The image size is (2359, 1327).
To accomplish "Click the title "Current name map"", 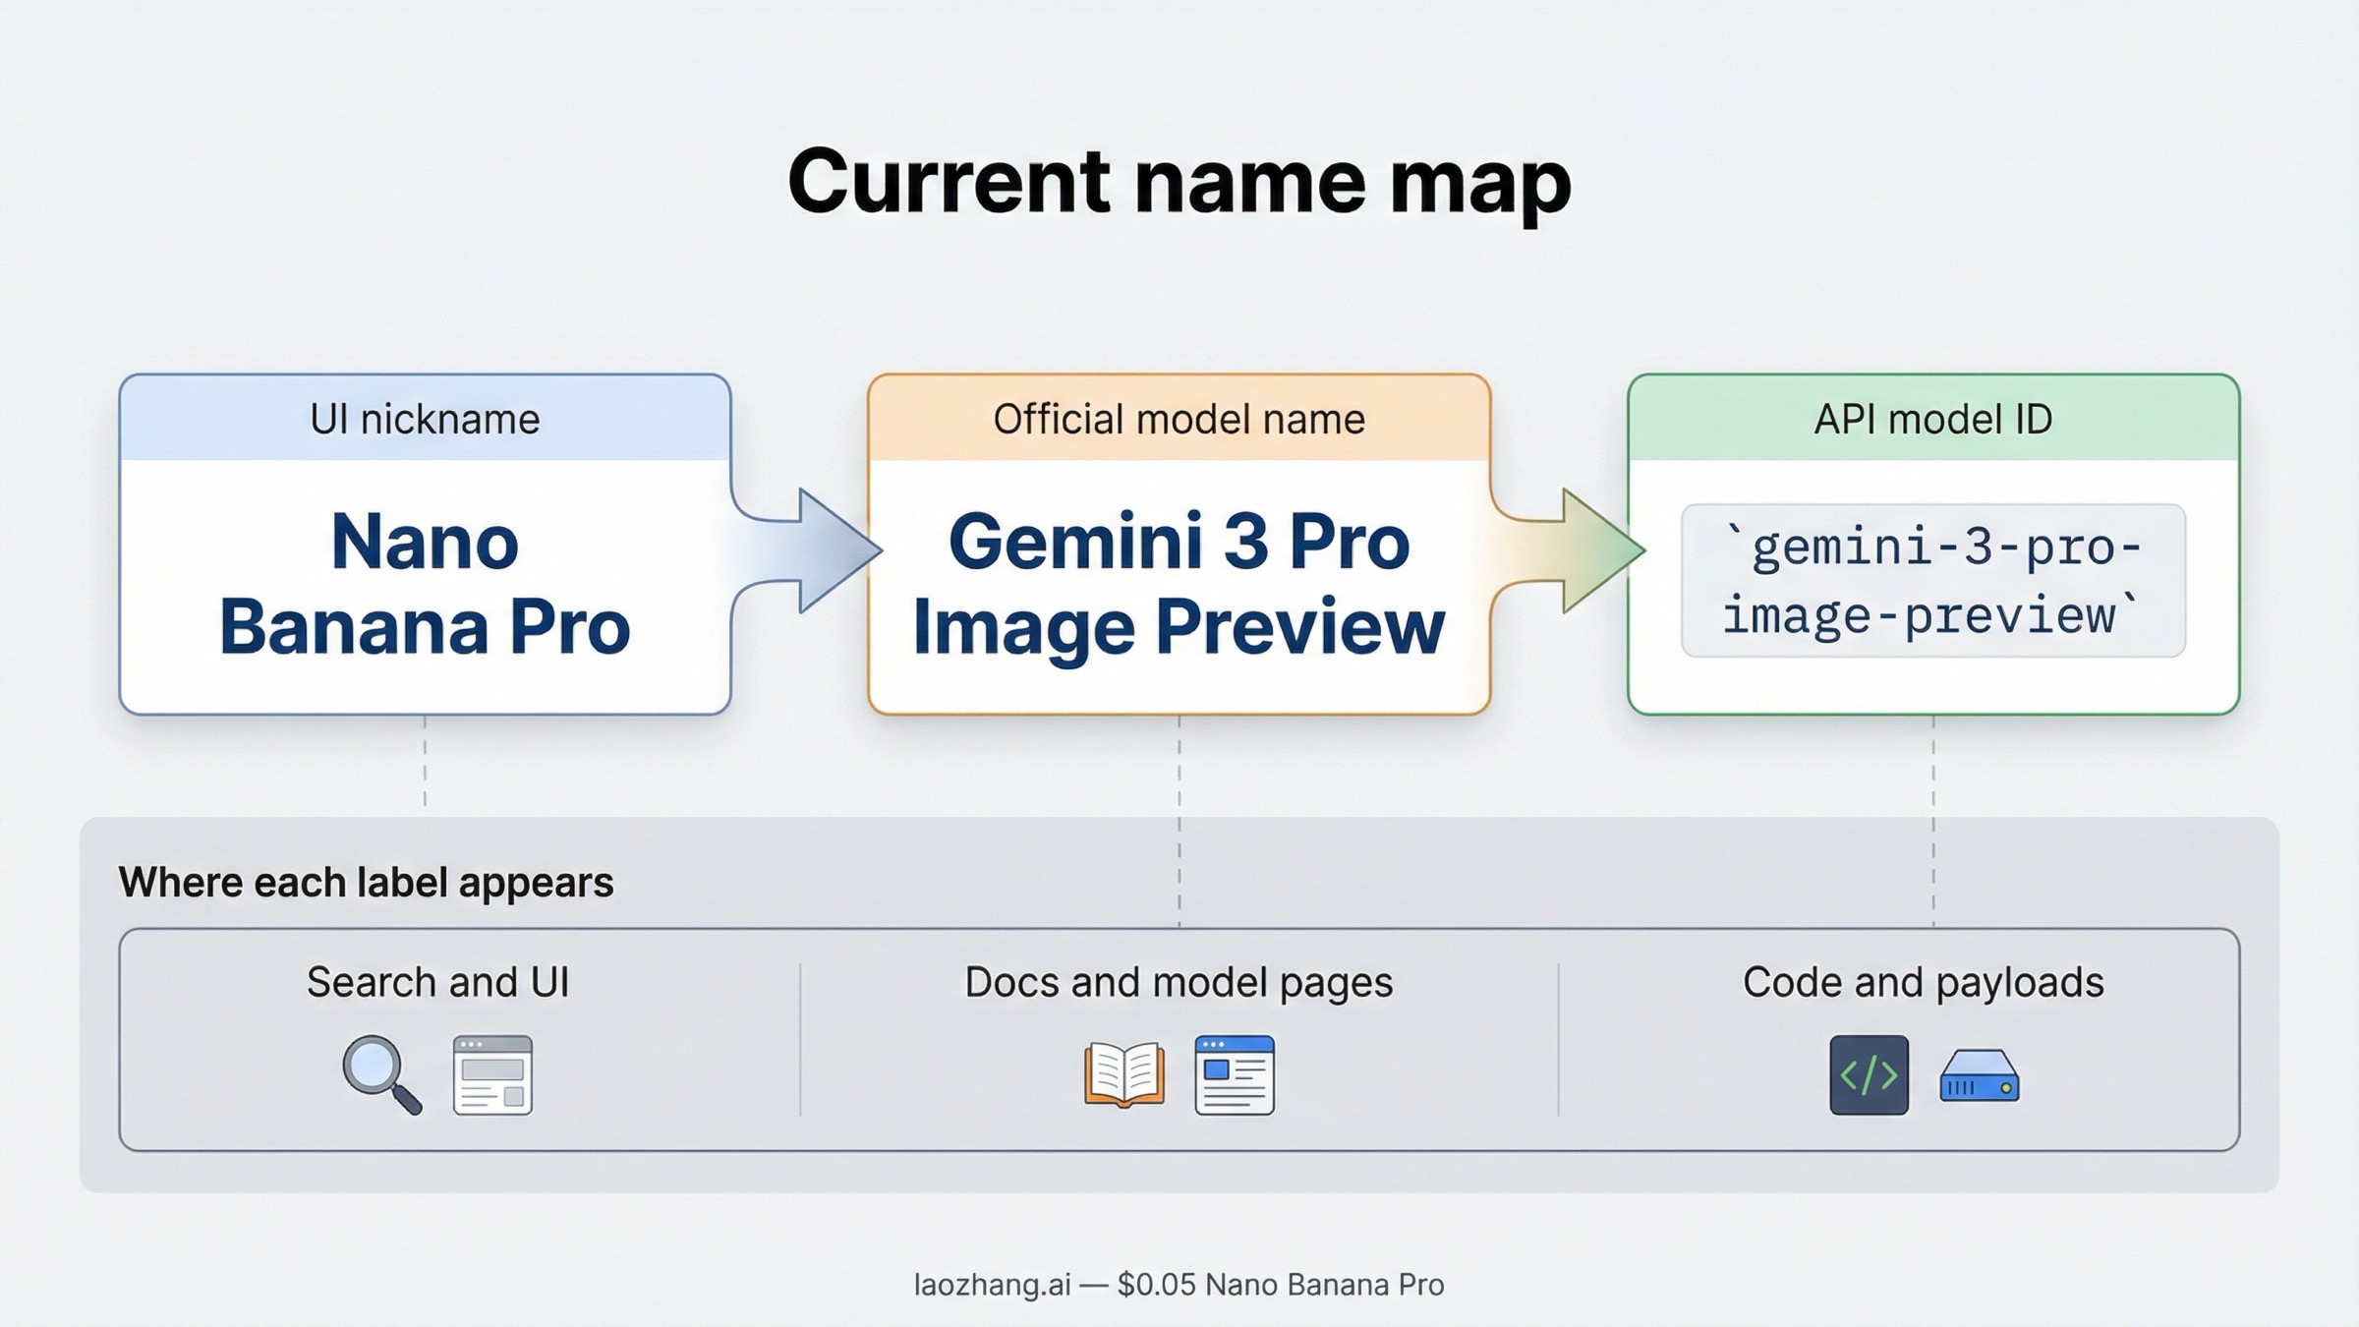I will tap(1179, 182).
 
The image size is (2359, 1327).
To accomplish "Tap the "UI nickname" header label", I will tap(425, 420).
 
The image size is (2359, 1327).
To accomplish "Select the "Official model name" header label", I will tap(1179, 420).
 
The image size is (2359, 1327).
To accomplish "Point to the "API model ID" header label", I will tap(1932, 420).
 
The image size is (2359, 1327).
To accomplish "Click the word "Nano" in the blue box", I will tap(425, 542).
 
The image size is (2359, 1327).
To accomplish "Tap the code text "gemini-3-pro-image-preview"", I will tap(1932, 581).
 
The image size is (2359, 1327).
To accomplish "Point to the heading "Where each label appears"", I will tap(366, 883).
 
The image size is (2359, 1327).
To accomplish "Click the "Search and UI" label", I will tap(437, 982).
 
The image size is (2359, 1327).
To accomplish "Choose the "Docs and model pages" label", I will tap(1179, 982).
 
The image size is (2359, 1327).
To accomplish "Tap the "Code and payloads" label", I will tap(1923, 982).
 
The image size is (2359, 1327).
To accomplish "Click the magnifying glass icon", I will tap(379, 1073).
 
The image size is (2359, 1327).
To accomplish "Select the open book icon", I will tap(1124, 1075).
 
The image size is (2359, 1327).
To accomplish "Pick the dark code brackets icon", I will tap(1869, 1075).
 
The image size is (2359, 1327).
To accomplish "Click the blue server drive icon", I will tap(1979, 1077).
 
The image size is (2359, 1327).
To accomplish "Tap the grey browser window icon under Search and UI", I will tap(492, 1075).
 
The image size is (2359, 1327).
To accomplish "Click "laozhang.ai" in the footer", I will tap(992, 1285).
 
